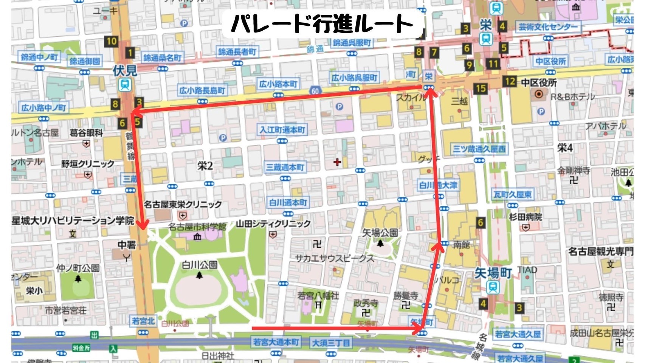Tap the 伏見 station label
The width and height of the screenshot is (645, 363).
coord(124,70)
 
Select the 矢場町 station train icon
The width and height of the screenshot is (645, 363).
coord(493,287)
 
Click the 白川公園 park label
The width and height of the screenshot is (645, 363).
coord(200,265)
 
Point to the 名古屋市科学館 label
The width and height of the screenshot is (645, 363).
coord(197,227)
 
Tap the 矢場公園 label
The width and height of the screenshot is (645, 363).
coord(380,233)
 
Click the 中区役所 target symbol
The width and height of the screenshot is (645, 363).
coord(539,94)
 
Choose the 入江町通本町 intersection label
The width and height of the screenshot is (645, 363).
coord(282,130)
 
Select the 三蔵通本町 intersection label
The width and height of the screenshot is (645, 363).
coord(285,167)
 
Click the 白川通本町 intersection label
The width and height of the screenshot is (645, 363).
coord(288,203)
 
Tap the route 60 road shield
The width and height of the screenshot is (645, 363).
coord(315,90)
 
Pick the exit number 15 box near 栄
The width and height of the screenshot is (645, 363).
coord(481,88)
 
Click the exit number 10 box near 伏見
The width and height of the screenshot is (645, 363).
coord(111,41)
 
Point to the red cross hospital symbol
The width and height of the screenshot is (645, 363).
coord(337,162)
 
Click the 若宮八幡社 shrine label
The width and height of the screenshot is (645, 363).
coord(318,295)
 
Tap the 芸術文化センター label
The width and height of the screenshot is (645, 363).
coord(548,27)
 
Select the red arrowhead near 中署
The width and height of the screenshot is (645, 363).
coord(143,225)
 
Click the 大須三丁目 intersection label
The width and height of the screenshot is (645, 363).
coord(330,343)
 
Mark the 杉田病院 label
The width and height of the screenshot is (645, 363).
coord(526,217)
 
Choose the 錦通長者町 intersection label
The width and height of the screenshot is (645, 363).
coord(237,51)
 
